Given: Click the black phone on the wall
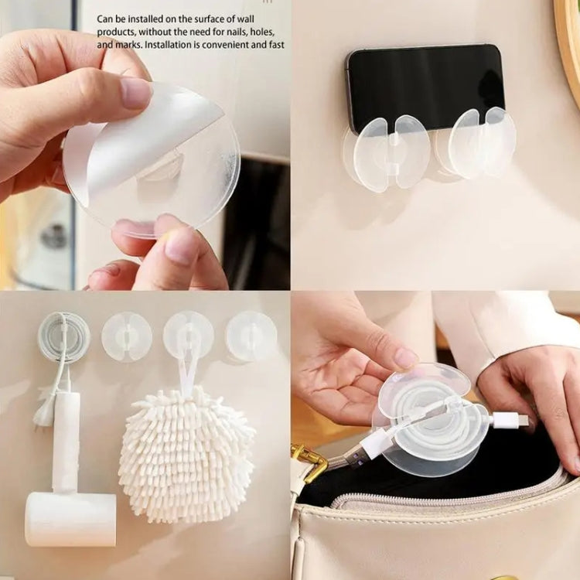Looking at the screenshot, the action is [426, 87].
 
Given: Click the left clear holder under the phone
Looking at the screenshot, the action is [387, 154].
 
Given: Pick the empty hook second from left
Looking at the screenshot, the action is [127, 336].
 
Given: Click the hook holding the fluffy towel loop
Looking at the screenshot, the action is [189, 336].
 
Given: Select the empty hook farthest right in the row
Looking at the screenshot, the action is [251, 336].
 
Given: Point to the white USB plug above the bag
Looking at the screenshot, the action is [511, 421].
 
